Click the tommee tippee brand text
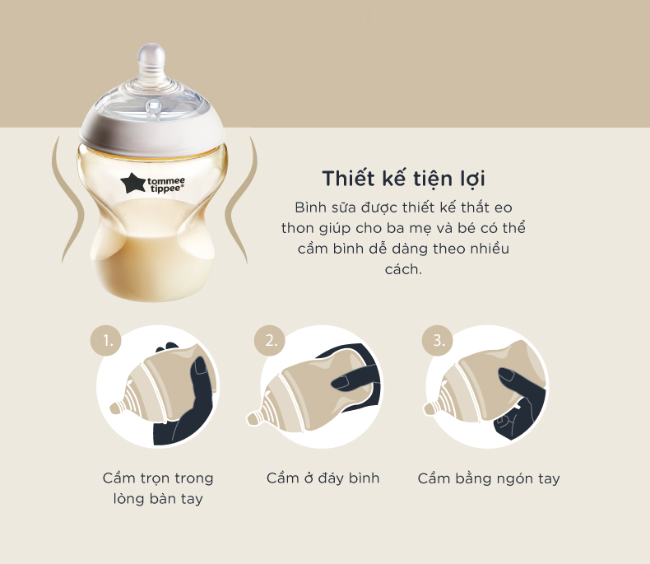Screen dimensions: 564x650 [x=167, y=184]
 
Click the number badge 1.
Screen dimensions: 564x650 [x=106, y=339]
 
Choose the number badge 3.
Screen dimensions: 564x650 [x=436, y=339]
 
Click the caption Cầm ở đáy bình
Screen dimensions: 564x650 [x=323, y=478]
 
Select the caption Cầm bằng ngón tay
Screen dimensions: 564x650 [x=489, y=478]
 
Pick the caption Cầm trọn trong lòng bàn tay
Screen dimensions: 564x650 [x=157, y=488]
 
